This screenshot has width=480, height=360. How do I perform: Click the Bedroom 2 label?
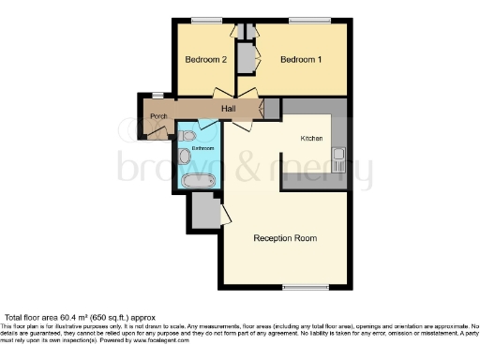[205, 60]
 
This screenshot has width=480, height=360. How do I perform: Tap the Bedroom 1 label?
[301, 60]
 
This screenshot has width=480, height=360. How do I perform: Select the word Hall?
[228, 110]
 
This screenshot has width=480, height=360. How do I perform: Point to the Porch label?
[158, 117]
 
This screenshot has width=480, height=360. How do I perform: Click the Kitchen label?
[311, 138]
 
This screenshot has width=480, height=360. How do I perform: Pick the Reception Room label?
[285, 238]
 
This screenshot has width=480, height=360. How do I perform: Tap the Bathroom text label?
[203, 148]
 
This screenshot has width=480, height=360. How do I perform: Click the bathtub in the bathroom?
[198, 179]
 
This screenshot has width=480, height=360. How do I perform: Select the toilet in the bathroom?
[189, 137]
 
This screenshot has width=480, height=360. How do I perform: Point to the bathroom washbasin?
[184, 157]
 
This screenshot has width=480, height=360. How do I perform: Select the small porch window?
[157, 95]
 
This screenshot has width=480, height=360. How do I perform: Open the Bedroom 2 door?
[223, 94]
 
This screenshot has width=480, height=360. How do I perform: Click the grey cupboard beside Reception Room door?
[203, 213]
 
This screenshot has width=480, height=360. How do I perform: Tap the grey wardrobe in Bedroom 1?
[247, 58]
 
